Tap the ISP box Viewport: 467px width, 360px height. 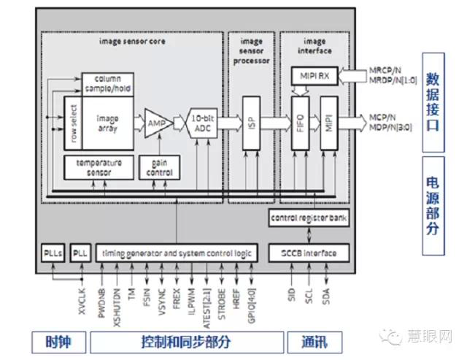pos(250,123)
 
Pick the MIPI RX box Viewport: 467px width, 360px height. pos(314,75)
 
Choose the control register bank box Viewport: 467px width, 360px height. pos(309,218)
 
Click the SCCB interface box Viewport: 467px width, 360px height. pos(309,253)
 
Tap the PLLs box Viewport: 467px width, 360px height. pos(53,253)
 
